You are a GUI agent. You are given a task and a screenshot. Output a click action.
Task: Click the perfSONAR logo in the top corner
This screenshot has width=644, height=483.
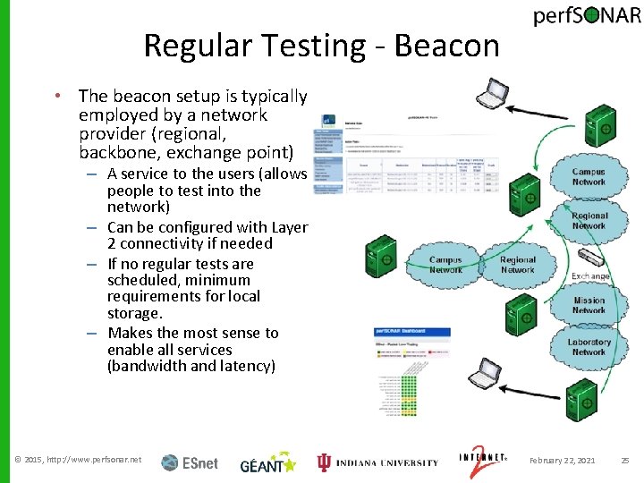pyautogui.click(x=587, y=19)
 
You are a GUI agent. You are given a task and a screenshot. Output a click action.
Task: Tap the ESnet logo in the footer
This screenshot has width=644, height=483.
pyautogui.click(x=190, y=462)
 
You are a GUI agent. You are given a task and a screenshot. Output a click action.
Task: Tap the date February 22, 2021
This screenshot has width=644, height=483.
pyautogui.click(x=562, y=461)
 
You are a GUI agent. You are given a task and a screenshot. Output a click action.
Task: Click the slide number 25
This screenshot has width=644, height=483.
pyautogui.click(x=625, y=461)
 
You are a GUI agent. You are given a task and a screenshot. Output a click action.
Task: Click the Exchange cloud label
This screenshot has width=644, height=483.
pyautogui.click(x=590, y=276)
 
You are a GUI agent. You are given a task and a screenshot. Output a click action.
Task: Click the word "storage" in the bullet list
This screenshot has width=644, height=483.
pyautogui.click(x=135, y=313)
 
